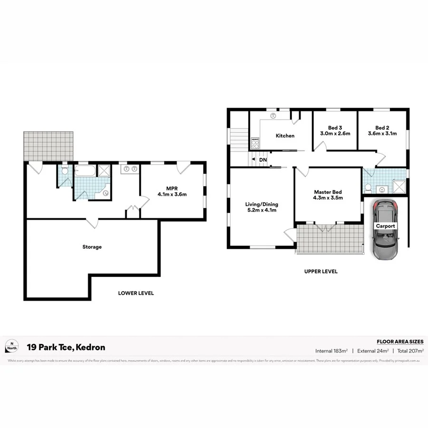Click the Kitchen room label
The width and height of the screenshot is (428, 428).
[285, 136]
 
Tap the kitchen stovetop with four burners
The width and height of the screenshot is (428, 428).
[255, 142]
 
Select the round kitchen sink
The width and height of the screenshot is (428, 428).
[273, 116]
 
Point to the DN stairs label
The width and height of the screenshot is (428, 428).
[263, 160]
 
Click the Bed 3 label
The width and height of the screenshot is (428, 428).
[335, 127]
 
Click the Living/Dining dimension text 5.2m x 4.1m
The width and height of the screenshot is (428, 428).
[261, 210]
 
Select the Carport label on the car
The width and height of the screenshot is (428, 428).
[385, 226]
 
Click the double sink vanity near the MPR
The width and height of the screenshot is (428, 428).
[130, 168]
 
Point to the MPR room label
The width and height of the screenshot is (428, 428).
[172, 187]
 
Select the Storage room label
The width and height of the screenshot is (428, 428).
[92, 247]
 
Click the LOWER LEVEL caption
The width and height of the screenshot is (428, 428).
[136, 293]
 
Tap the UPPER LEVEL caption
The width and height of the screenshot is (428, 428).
[321, 272]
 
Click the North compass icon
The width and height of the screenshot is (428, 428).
[12, 347]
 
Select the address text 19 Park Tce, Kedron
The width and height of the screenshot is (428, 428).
[66, 347]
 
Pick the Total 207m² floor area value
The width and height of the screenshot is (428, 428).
[410, 351]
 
